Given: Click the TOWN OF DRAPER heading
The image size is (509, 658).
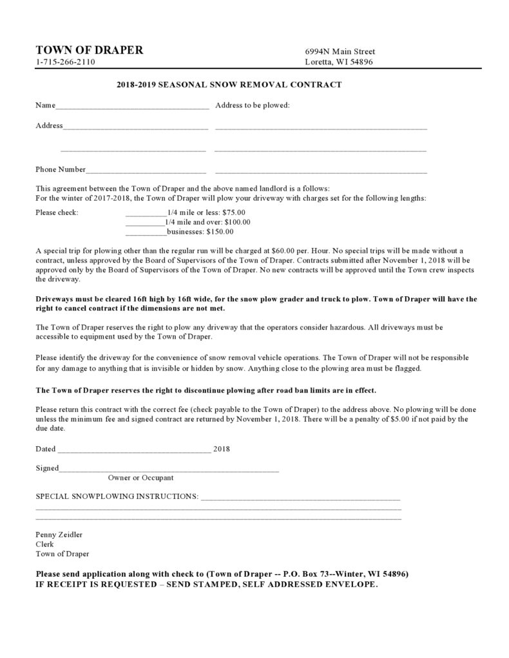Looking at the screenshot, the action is [90, 50].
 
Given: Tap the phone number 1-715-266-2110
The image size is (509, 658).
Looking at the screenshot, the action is [65, 62].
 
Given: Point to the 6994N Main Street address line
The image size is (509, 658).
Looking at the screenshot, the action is [340, 52].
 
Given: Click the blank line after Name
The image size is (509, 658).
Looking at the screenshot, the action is [132, 106].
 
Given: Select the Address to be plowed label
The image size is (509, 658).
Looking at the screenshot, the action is [253, 105].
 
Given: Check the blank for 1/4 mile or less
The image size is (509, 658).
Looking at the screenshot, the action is [146, 213].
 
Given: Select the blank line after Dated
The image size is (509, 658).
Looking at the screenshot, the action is [133, 449].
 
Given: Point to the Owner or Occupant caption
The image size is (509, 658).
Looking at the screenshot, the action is [140, 478].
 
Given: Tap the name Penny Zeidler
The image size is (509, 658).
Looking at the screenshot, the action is [59, 534].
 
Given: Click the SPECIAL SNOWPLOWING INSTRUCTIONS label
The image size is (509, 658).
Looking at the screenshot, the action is [117, 498].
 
